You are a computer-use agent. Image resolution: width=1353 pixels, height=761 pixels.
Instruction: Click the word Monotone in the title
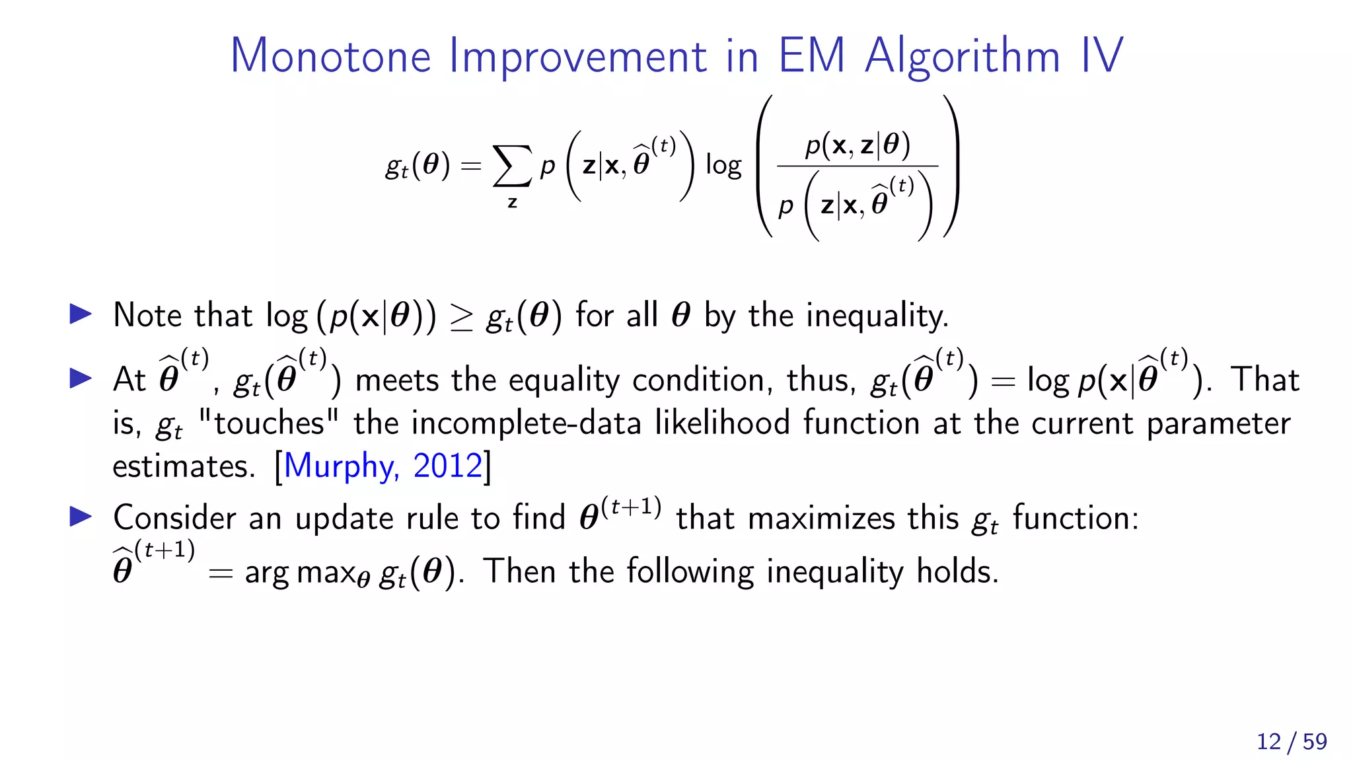[330, 55]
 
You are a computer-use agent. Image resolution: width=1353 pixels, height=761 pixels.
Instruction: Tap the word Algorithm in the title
[963, 57]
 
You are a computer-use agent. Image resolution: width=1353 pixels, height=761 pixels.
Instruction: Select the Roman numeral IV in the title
[1102, 55]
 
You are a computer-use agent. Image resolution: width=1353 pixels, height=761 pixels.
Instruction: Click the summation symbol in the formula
[512, 166]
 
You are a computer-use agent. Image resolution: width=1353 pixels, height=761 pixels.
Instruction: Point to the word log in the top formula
[723, 165]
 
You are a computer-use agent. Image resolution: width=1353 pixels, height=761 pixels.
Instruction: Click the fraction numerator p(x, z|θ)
[858, 145]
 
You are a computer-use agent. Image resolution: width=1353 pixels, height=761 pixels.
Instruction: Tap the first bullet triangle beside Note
[81, 314]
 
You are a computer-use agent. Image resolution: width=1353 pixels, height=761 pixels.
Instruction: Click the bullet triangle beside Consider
[81, 517]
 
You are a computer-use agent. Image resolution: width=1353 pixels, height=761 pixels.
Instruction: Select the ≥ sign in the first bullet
[461, 317]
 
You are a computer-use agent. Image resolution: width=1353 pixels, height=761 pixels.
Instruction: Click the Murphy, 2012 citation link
[383, 466]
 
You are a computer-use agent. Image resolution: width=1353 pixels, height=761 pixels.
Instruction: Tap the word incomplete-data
[526, 423]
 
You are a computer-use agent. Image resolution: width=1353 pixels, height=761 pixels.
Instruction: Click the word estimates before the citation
[183, 466]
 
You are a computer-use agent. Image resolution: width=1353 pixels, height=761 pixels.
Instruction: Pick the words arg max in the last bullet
[300, 572]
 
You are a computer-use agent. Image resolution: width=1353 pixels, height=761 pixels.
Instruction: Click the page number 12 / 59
[1292, 742]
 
